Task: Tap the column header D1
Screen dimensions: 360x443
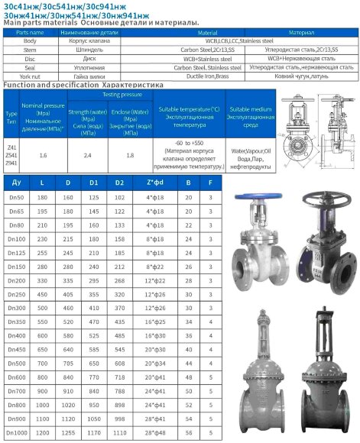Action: coord(94,183)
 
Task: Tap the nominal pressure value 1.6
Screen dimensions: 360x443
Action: coord(43,155)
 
